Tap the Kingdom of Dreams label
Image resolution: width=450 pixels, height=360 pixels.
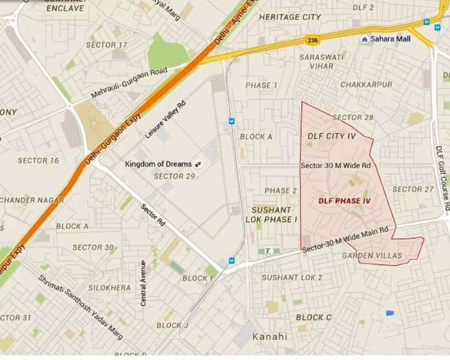coord(158,164)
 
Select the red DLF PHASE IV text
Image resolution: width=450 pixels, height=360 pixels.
coord(344,200)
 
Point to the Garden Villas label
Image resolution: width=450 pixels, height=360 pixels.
coord(371,256)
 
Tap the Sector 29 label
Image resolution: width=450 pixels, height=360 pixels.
coord(175,176)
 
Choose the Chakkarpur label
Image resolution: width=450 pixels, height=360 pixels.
coord(365,85)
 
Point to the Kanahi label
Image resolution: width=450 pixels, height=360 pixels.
coord(270,336)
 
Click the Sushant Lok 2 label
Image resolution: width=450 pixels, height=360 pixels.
coord(292,277)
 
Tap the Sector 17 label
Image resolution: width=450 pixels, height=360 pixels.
coord(107,45)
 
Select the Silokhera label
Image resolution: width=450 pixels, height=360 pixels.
coord(109,288)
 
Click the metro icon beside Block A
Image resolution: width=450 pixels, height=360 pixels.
coord(232,121)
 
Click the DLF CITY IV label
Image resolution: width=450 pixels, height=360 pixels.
coord(332,136)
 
